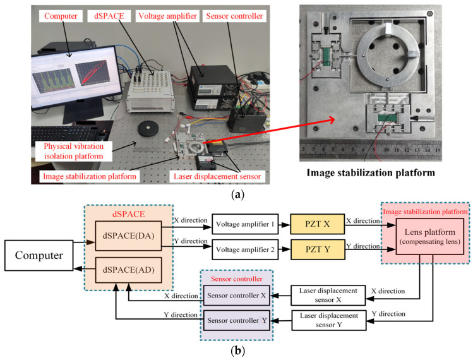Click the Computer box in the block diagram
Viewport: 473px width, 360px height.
39,255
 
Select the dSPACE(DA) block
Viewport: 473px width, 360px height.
128,236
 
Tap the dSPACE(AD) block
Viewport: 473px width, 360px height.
128,270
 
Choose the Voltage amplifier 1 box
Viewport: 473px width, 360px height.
245,224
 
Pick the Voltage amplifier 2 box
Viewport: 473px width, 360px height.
245,249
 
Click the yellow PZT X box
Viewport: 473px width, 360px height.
318,224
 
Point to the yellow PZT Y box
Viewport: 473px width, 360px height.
318,249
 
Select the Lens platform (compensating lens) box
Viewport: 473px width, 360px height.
430,237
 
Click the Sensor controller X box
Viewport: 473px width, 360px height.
236,296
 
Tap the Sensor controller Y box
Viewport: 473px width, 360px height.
237,320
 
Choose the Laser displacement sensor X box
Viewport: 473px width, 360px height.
328,295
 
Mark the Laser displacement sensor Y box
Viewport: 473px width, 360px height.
329,320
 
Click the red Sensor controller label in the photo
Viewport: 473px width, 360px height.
234,16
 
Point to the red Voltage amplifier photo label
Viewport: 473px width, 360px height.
167,16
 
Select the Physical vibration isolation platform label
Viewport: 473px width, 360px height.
74,151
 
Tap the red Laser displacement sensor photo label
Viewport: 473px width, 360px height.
217,177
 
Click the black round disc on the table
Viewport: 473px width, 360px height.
148,129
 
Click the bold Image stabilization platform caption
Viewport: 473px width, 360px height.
371,172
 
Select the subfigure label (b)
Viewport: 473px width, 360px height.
237,351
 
